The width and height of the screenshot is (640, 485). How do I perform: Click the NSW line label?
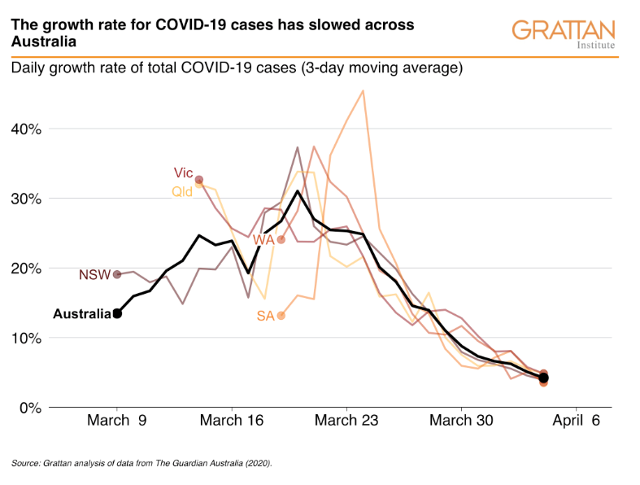coord(94,274)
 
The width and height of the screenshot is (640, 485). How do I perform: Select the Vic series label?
coord(183,173)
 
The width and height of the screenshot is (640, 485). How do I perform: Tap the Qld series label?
coord(182,191)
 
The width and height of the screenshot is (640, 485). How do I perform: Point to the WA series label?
coord(263,240)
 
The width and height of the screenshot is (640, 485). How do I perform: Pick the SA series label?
coord(265,316)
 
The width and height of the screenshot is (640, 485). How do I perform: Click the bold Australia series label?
coord(82,314)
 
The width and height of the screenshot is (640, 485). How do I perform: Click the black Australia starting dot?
coord(117,314)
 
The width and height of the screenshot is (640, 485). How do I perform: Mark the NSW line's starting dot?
coord(117,274)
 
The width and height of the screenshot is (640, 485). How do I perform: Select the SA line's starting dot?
coord(281,316)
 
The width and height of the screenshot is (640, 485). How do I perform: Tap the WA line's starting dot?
coord(281,239)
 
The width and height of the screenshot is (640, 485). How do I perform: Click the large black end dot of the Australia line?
coord(543,378)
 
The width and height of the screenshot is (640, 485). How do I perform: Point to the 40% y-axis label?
coord(26,129)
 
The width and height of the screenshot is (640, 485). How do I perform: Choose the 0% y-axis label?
coord(31,408)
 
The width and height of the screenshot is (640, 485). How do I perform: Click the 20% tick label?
coord(26,269)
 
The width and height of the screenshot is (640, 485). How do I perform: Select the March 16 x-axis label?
coord(232,421)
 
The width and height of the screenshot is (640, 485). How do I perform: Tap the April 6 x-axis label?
coord(576,421)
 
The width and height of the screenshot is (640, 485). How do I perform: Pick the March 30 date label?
coord(461,421)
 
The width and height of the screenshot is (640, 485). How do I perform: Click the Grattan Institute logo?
coord(564,34)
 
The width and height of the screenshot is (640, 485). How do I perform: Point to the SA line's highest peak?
coord(363,90)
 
